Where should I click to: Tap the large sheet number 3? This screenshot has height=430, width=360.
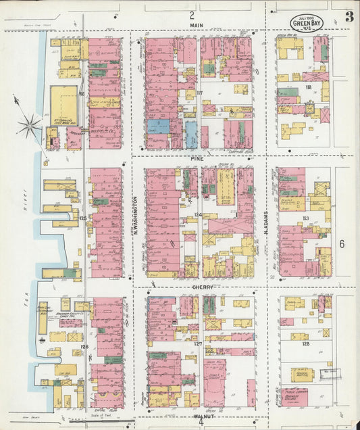pos(349,17)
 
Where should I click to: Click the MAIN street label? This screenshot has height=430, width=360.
pos(197,25)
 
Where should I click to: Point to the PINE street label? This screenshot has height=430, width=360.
pos(197,158)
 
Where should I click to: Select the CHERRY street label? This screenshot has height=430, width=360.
pos(203,287)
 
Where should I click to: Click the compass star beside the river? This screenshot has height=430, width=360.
pos(30,124)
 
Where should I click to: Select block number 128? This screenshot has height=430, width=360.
pos(305,344)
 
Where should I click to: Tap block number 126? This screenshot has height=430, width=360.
pos(84,346)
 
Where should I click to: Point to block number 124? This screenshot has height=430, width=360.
pos(198,214)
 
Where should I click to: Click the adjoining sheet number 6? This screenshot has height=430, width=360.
pos(342,243)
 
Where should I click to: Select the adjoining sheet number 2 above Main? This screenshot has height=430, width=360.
pos(192,14)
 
